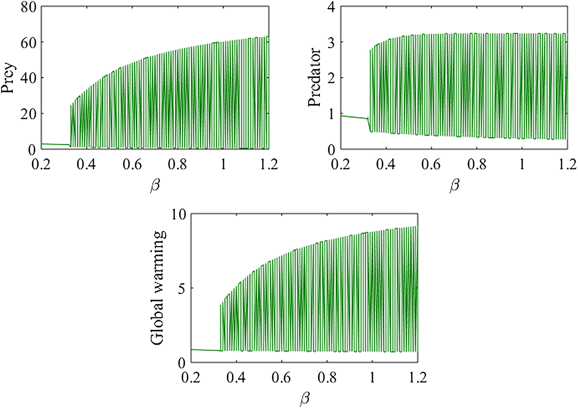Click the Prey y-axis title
tap(10, 78)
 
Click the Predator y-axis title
tap(314, 78)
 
